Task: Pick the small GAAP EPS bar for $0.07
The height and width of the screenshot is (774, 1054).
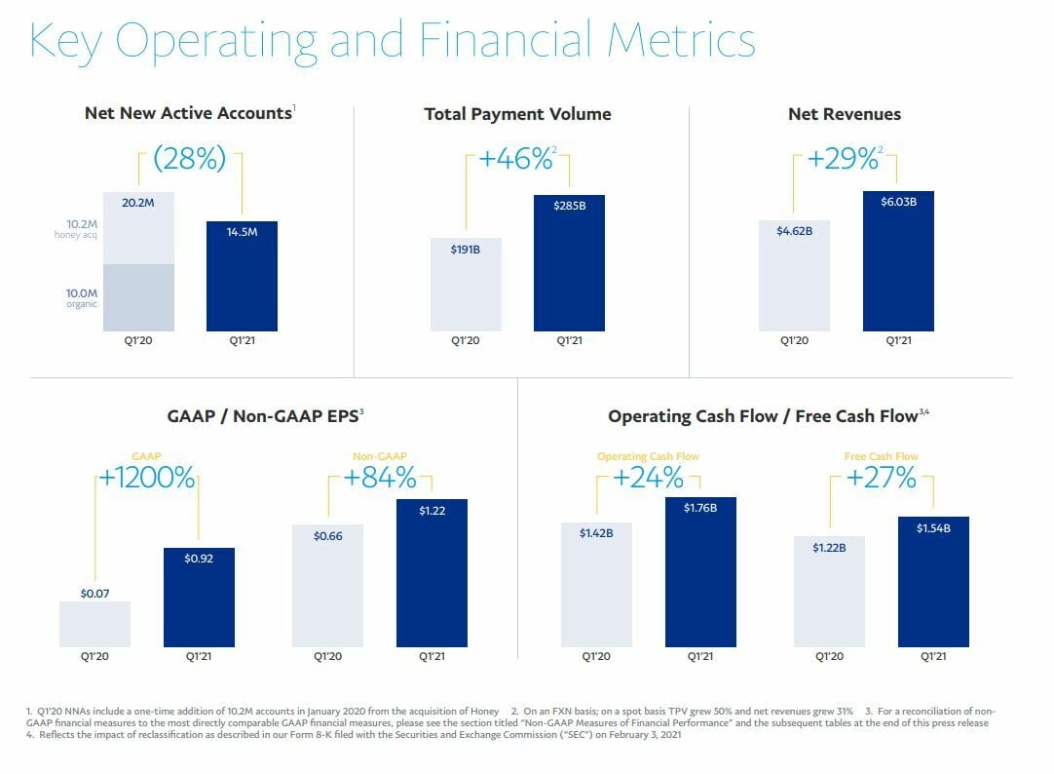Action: (94, 625)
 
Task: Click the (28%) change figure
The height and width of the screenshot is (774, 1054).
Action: (189, 159)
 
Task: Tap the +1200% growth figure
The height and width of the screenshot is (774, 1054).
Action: (146, 480)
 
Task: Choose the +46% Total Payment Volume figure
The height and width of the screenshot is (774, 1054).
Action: (516, 159)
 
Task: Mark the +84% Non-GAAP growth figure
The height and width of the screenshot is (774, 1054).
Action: (379, 479)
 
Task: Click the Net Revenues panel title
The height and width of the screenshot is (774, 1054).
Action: (845, 114)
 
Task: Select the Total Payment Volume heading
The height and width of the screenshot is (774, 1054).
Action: (517, 114)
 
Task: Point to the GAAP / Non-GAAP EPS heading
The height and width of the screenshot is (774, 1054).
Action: (263, 416)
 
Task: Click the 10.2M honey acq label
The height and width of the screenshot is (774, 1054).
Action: (75, 228)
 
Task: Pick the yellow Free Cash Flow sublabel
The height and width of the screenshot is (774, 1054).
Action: (881, 456)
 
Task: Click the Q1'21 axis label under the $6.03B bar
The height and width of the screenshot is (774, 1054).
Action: (898, 340)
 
